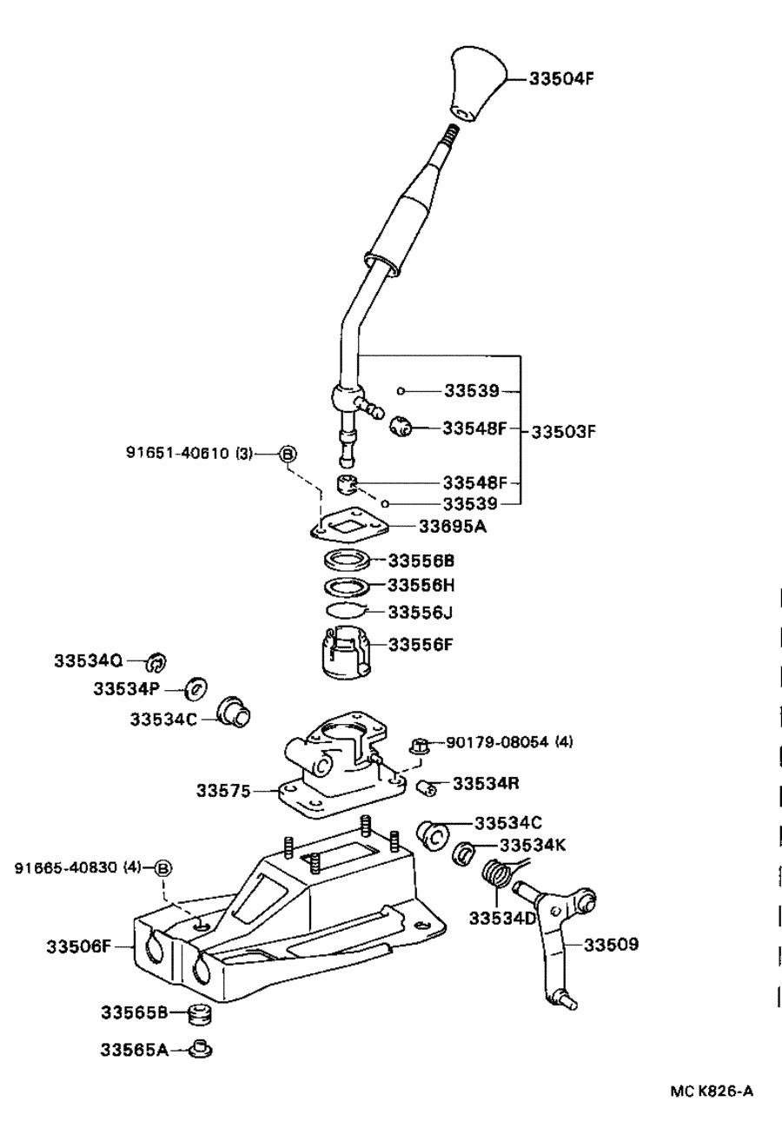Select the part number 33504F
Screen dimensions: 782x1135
[561, 79]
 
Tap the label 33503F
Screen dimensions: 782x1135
[563, 432]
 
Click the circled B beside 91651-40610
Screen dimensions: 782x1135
[288, 454]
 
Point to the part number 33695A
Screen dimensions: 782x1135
[453, 527]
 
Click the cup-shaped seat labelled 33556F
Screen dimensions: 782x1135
[347, 652]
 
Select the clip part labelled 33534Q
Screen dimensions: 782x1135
[156, 661]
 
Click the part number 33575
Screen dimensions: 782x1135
[223, 791]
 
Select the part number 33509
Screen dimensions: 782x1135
[612, 944]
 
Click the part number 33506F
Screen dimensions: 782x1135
[78, 946]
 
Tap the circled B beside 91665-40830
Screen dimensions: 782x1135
[163, 868]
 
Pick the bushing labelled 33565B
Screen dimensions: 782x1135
[200, 1013]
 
